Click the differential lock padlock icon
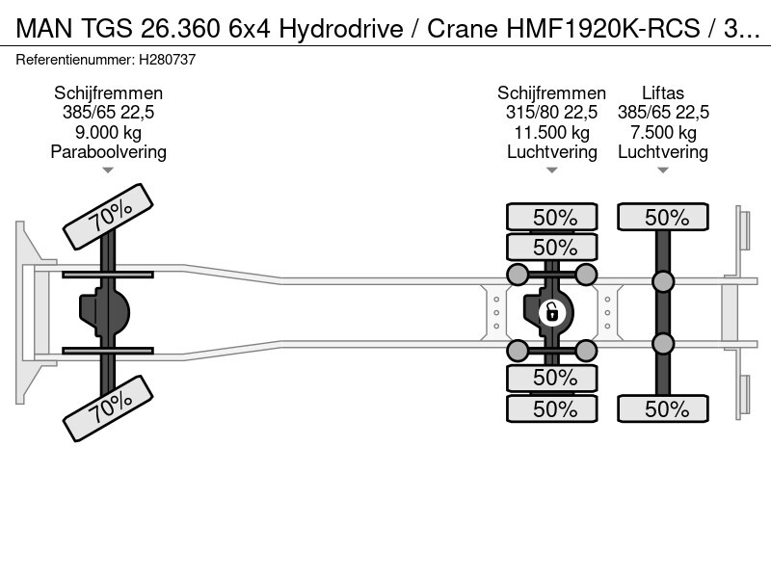(551, 312)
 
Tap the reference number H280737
(167, 60)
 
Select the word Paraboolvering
(108, 152)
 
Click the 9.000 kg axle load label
(108, 132)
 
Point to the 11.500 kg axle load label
(551, 132)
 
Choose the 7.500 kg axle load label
(663, 132)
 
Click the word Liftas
(663, 92)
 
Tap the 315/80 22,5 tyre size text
(551, 113)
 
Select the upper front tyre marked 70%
(108, 216)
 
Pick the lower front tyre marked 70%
(108, 408)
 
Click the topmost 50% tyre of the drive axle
(551, 217)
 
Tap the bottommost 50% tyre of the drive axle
(551, 408)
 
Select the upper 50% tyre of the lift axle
(663, 217)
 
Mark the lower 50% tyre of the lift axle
(663, 408)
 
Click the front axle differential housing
(104, 312)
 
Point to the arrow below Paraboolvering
(108, 171)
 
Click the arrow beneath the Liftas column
(663, 171)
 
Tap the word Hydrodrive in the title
(341, 29)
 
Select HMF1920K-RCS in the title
(603, 29)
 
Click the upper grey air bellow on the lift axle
(663, 281)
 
